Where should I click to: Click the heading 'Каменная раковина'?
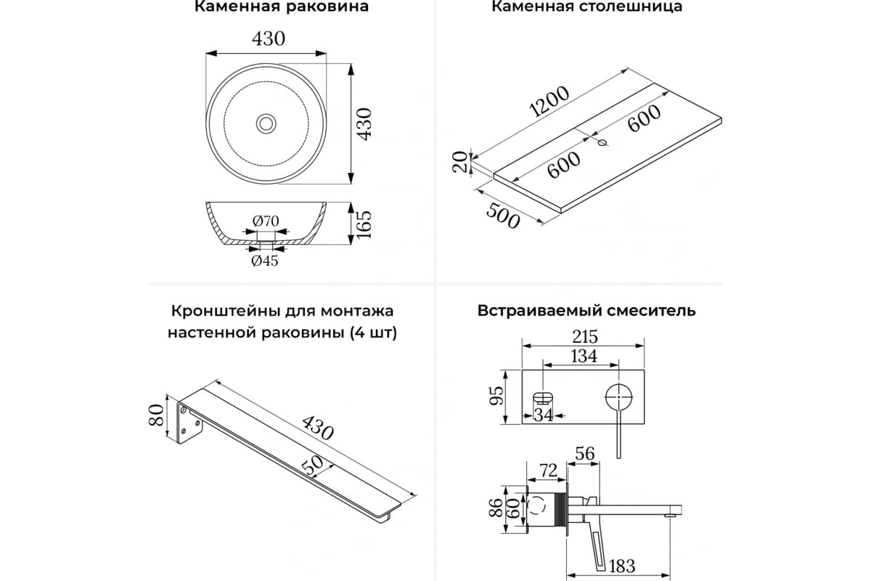tap(282, 7)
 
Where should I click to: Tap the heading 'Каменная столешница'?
tap(586, 7)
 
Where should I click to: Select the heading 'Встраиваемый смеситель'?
tap(586, 311)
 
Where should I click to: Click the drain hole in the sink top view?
tap(266, 123)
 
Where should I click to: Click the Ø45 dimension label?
tap(265, 261)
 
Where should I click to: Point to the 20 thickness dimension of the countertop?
tap(458, 162)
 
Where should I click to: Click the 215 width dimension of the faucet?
tap(584, 336)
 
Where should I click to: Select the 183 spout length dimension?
tap(622, 565)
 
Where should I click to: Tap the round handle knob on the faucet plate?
tap(619, 397)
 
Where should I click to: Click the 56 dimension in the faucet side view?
tap(584, 455)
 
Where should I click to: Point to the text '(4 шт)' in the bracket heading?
tap(372, 333)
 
